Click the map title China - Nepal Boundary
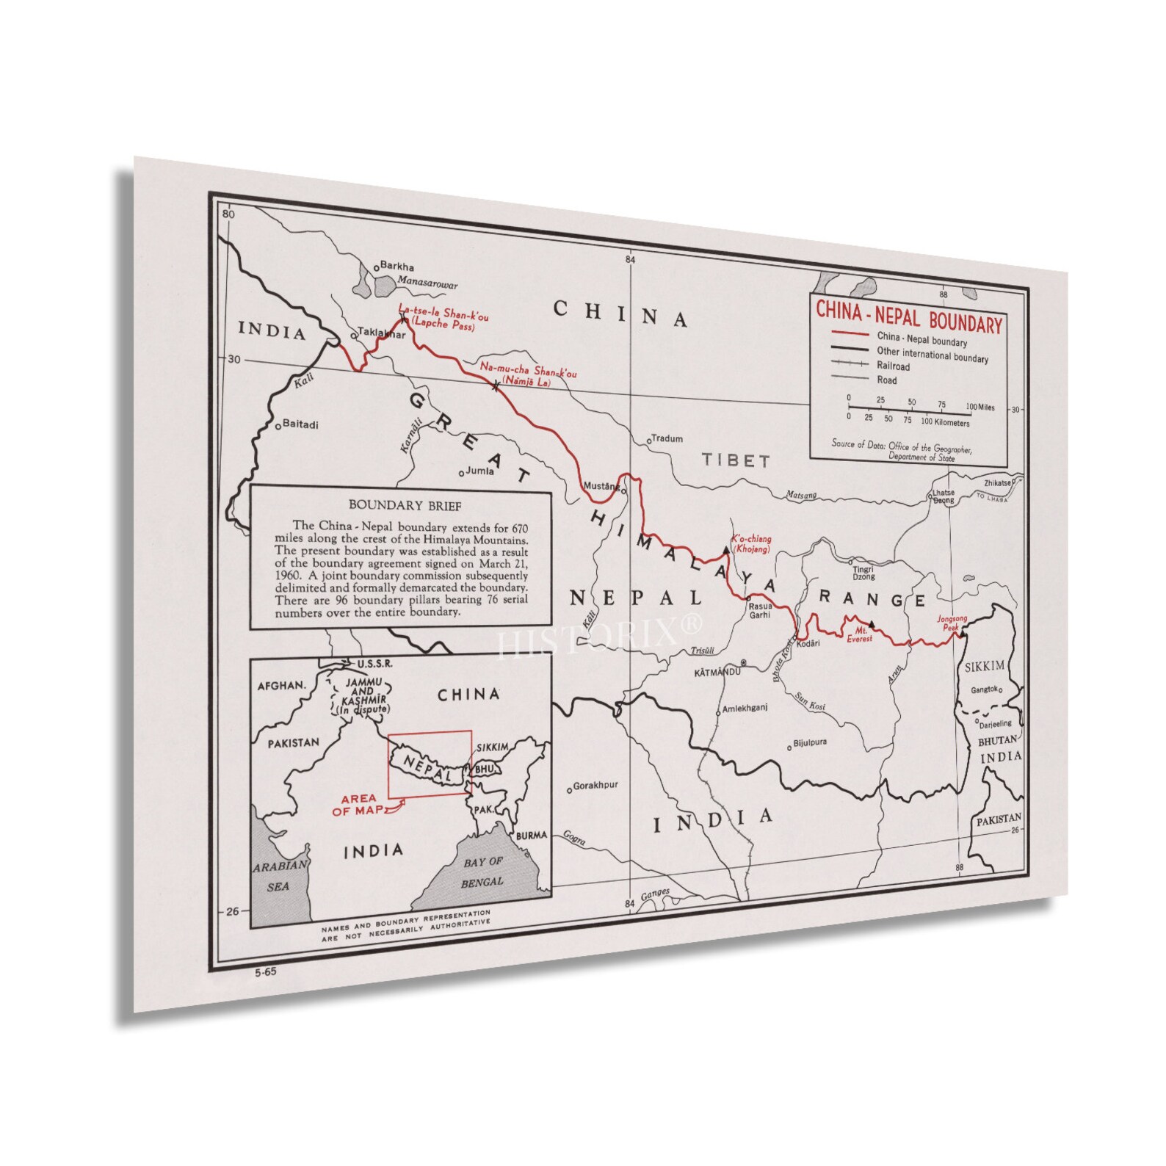909,317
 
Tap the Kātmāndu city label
717,672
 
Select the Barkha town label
397,267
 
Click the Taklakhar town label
380,333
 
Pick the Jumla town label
479,471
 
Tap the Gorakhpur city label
595,786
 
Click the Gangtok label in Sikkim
985,689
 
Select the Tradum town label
667,438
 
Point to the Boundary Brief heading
405,505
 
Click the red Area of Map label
358,805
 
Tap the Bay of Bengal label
482,872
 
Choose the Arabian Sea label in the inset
279,876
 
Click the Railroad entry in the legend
893,366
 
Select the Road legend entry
886,380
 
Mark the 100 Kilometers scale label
945,422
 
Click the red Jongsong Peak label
947,623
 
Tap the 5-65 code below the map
265,973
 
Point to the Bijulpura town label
810,743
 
